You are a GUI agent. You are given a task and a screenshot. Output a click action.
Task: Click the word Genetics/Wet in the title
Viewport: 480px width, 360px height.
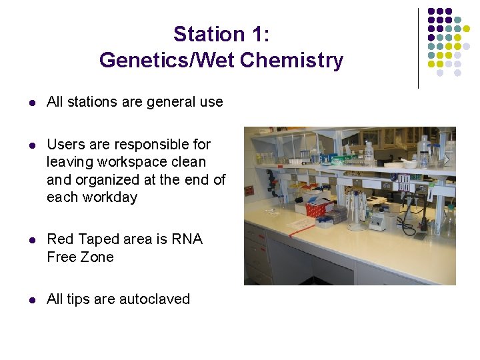167,61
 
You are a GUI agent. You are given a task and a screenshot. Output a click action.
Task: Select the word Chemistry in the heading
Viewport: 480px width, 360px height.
292,61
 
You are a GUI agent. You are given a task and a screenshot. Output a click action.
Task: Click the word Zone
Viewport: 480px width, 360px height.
96,257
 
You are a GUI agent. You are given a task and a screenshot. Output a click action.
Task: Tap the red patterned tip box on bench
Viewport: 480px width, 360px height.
319,207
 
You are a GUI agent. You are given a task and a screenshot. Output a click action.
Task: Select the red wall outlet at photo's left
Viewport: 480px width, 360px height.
248,191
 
